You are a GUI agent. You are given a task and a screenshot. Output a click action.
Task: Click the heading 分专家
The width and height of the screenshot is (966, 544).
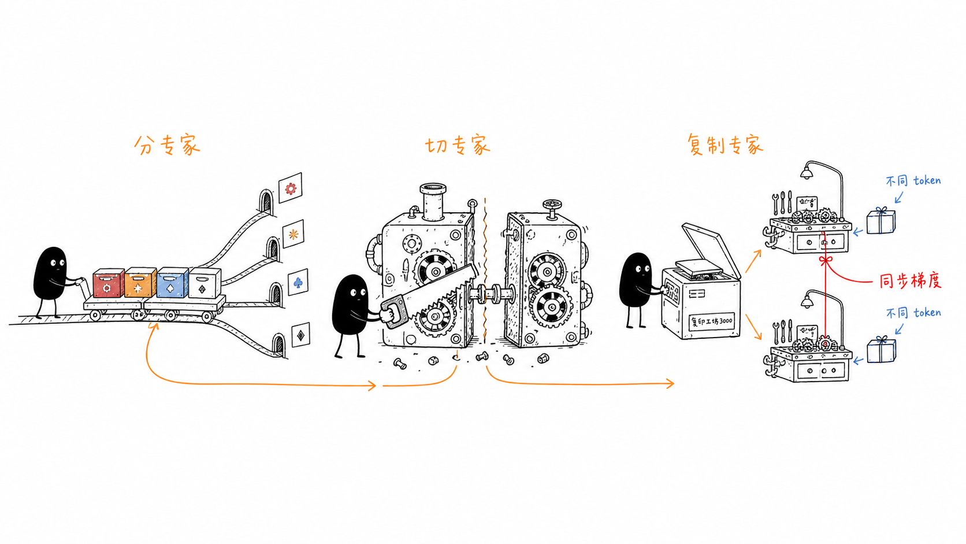pyautogui.click(x=167, y=145)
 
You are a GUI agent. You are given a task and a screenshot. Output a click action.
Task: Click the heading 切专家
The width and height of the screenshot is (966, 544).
pyautogui.click(x=458, y=145)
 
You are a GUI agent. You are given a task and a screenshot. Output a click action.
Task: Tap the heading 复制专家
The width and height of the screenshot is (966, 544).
pyautogui.click(x=725, y=145)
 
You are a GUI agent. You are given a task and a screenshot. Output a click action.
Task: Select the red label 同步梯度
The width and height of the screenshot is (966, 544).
pyautogui.click(x=910, y=281)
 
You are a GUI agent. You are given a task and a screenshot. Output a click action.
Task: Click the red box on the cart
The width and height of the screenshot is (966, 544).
pyautogui.click(x=108, y=283)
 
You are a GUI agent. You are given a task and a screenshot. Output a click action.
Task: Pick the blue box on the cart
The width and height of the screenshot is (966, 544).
pyautogui.click(x=173, y=283)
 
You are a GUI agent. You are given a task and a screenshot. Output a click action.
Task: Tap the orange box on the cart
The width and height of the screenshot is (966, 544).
pyautogui.click(x=140, y=283)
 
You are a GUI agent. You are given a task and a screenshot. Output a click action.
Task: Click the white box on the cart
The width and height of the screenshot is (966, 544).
pyautogui.click(x=205, y=282)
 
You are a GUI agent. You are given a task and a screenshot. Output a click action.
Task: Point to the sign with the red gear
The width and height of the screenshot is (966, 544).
pyautogui.click(x=290, y=188)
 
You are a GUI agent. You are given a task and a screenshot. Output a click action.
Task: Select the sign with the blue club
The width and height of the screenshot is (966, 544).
pyautogui.click(x=298, y=282)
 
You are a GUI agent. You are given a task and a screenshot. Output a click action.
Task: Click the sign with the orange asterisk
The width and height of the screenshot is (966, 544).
pyautogui.click(x=293, y=234)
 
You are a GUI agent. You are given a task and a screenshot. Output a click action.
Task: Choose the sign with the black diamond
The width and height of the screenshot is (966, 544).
pyautogui.click(x=300, y=335)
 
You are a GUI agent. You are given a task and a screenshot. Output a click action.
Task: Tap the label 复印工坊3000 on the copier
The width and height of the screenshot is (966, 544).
pyautogui.click(x=711, y=321)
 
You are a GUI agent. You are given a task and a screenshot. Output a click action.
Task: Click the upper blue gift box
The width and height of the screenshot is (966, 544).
pyautogui.click(x=880, y=220)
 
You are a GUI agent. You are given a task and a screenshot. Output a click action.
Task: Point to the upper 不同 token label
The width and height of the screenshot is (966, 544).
pyautogui.click(x=913, y=180)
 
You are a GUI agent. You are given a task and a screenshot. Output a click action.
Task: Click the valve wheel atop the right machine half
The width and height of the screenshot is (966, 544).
pyautogui.click(x=552, y=204)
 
